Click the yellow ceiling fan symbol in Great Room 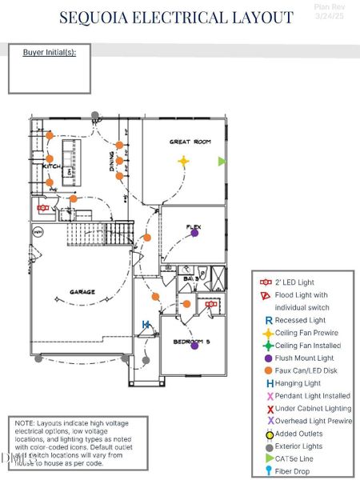coord(183,161)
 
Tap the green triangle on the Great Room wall coord(222,161)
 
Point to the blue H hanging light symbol coord(146,324)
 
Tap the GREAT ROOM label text coord(190,142)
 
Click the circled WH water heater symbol coord(37,231)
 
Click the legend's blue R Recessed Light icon coord(269,320)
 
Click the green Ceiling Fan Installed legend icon coord(269,346)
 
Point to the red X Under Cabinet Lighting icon coord(270,409)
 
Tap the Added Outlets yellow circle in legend coord(270,434)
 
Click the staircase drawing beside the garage coord(118,233)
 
